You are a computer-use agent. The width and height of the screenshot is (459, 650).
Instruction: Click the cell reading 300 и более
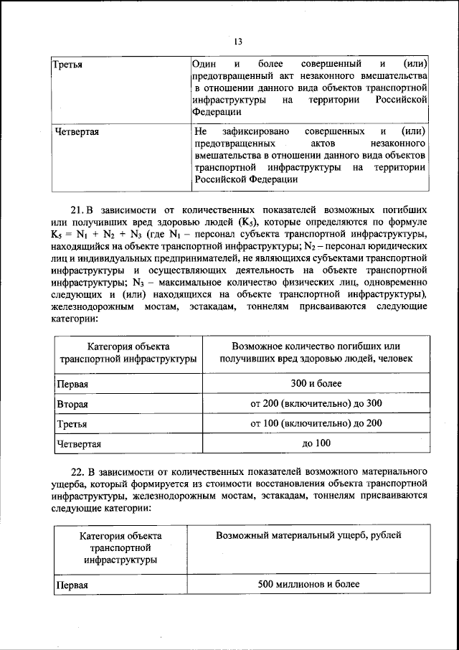[x=316, y=385]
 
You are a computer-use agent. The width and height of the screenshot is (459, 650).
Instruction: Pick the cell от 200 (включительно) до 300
[x=316, y=404]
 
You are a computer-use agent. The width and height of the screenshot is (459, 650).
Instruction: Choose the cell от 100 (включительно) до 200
[x=316, y=424]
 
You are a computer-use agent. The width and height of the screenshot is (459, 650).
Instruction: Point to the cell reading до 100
[x=316, y=443]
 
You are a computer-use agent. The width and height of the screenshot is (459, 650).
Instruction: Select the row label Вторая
[x=72, y=405]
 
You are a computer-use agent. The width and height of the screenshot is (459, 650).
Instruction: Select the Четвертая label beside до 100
[x=79, y=444]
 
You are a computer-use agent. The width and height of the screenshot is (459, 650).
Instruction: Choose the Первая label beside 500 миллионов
[x=72, y=585]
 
